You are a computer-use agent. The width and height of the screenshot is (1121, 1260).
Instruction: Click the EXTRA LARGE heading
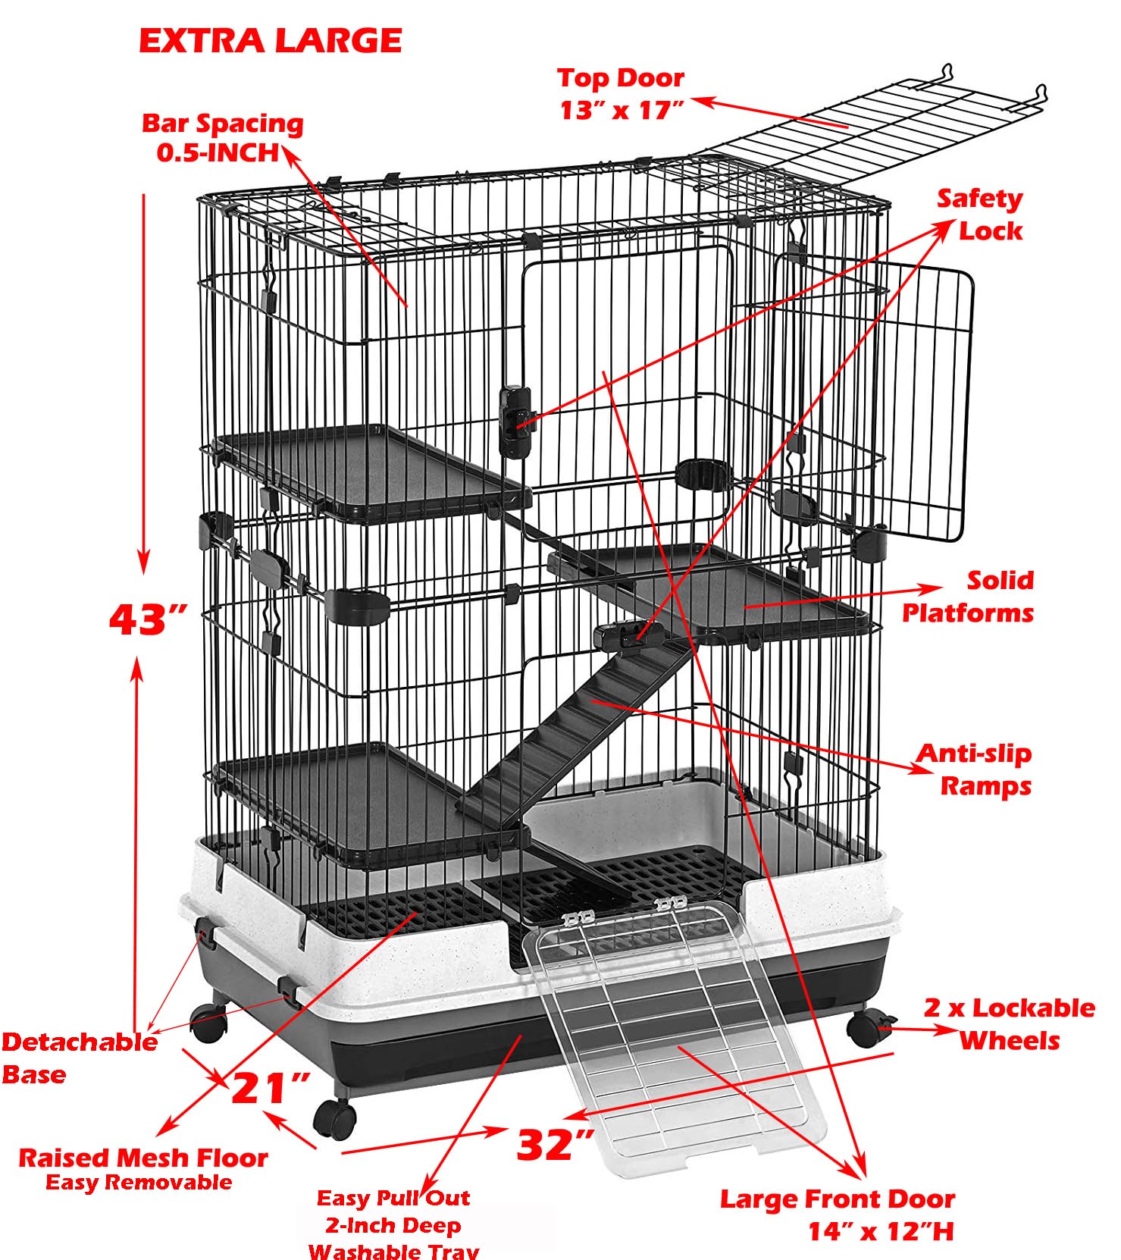coord(270,41)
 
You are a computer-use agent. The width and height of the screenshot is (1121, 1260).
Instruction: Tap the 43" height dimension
coord(148,619)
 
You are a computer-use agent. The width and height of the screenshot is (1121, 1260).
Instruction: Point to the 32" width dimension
coord(555,1144)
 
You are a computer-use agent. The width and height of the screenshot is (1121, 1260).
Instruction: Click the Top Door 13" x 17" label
coord(621,94)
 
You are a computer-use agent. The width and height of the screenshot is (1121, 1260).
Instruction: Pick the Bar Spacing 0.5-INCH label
coord(222,137)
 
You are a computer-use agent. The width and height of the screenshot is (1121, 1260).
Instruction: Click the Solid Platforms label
coord(969,597)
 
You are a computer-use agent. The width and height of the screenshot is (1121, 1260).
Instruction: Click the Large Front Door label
coord(838,1214)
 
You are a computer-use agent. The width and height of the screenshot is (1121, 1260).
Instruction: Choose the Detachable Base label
coord(80,1058)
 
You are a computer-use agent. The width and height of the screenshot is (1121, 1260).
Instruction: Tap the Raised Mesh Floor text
coord(142,1158)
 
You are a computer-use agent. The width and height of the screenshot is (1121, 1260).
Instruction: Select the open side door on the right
coord(910,402)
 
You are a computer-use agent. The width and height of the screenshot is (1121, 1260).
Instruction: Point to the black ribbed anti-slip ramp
coord(576,728)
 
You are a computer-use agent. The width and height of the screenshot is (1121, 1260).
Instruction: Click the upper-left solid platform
coord(371,470)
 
